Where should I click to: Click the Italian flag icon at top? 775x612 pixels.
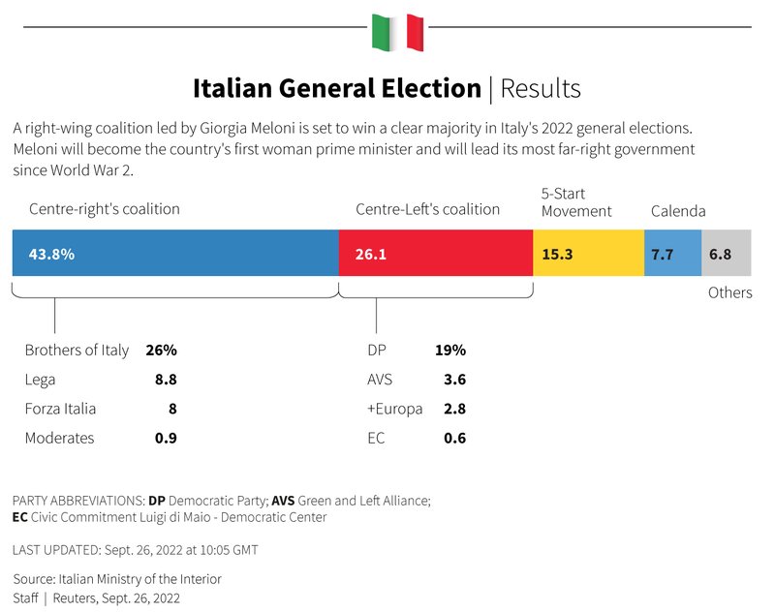pos(397,32)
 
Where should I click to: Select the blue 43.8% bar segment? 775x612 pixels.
pos(175,254)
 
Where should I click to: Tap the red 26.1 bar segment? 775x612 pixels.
pos(436,254)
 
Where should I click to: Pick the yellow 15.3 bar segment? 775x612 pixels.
pos(588,254)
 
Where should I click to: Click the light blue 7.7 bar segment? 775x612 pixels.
pos(672,254)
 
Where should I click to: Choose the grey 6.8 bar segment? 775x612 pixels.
pos(726,254)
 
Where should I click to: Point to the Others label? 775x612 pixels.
pos(729,292)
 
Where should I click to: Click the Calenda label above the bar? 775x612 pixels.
pos(678,211)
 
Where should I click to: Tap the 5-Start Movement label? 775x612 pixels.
pos(576,202)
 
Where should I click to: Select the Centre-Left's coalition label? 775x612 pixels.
pos(428,209)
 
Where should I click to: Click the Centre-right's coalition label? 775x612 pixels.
pos(105,209)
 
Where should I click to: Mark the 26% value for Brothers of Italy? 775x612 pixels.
pos(161,351)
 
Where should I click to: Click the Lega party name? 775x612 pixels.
pos(40,380)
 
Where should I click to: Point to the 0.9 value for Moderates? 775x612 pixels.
pos(166,438)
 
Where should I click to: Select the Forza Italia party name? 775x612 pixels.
pos(60,409)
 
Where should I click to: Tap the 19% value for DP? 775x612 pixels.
pos(450,351)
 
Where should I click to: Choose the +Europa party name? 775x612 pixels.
pos(395,409)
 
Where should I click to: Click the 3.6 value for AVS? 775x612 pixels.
pos(454,380)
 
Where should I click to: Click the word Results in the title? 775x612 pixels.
pos(541,89)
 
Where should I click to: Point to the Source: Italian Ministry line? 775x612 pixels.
pos(117,579)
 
